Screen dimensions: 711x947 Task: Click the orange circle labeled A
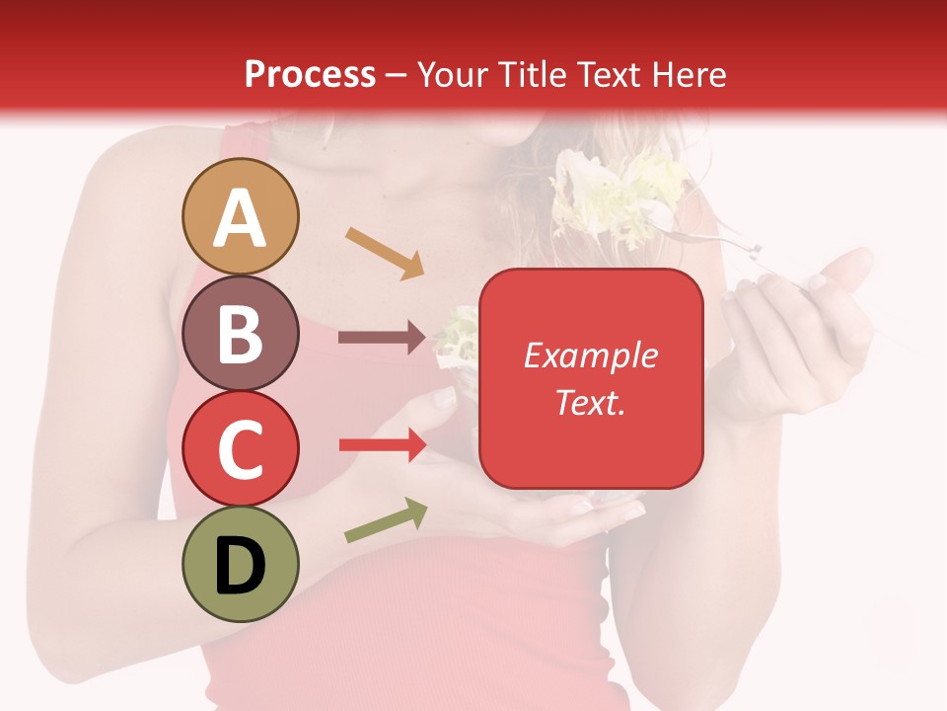pos(241,216)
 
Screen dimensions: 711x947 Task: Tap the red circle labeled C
pos(241,448)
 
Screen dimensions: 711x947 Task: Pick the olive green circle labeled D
pos(241,564)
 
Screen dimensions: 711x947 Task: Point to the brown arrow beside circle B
pos(382,338)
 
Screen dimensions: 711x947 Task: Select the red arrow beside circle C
pos(382,445)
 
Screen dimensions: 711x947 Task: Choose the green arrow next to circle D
pos(385,520)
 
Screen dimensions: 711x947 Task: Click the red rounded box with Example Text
pos(591,378)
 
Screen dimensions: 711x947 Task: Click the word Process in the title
pos(310,74)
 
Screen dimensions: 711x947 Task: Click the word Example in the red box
pos(590,355)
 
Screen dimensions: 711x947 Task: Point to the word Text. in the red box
pos(590,402)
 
